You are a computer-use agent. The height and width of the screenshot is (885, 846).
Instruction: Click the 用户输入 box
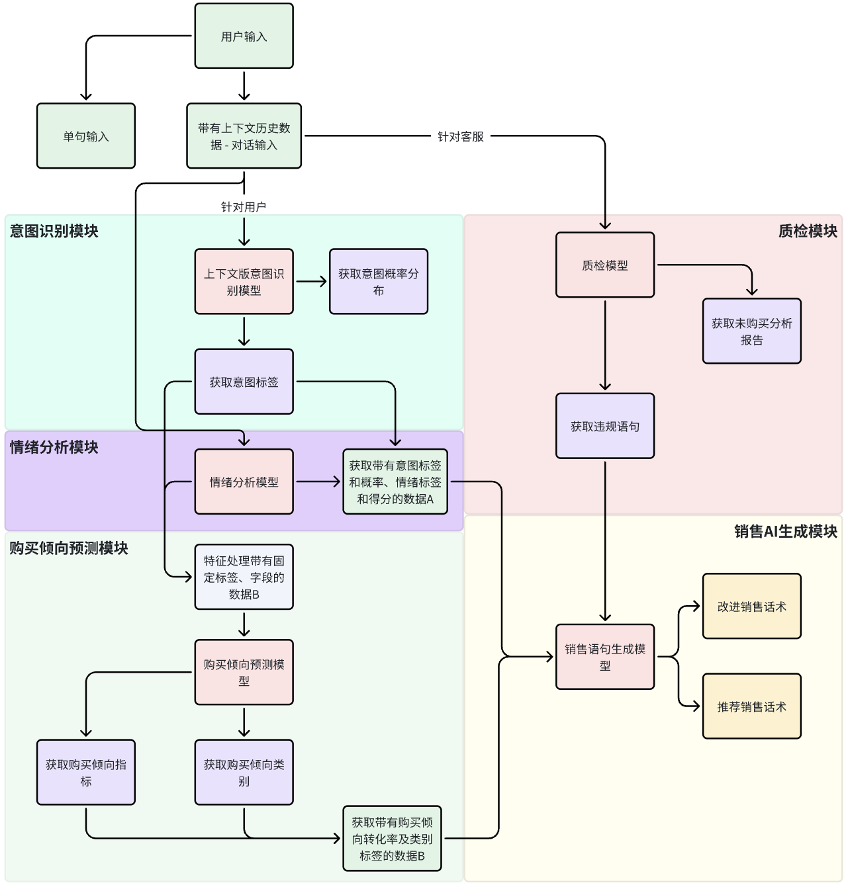(x=244, y=36)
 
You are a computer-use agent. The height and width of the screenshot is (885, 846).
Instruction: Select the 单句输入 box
(x=86, y=136)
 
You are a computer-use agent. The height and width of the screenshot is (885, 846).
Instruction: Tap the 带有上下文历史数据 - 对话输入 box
(x=244, y=136)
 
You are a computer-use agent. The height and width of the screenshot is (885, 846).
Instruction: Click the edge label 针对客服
(x=461, y=136)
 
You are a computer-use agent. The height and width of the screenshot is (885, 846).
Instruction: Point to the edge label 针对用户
(x=244, y=207)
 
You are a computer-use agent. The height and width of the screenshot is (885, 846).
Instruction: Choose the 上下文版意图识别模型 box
(x=244, y=281)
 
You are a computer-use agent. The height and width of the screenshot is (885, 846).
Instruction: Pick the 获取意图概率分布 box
(x=379, y=281)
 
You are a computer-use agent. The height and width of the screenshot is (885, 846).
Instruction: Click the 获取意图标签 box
(x=244, y=382)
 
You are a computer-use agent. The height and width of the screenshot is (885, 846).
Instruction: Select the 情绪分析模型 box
(x=244, y=482)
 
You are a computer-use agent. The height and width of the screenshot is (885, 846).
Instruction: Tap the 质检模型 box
(x=605, y=265)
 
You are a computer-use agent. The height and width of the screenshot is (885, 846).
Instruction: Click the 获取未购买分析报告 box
(x=751, y=331)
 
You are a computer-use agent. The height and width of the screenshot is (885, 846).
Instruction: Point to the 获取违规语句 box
(x=605, y=426)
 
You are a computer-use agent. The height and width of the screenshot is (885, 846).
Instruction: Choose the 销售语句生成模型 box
(x=605, y=657)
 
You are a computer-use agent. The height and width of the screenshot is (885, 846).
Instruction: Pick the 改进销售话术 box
(x=751, y=606)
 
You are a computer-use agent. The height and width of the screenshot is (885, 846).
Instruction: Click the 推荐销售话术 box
(x=751, y=706)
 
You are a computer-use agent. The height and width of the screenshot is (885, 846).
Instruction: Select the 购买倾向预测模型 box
(x=244, y=672)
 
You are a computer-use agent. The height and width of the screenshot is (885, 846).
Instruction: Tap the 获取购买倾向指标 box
(x=86, y=772)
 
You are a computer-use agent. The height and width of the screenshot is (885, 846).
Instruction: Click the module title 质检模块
(x=808, y=231)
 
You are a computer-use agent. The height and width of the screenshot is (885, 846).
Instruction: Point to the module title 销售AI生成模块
(x=785, y=531)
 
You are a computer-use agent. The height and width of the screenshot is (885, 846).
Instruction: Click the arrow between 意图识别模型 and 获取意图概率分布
(x=311, y=281)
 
